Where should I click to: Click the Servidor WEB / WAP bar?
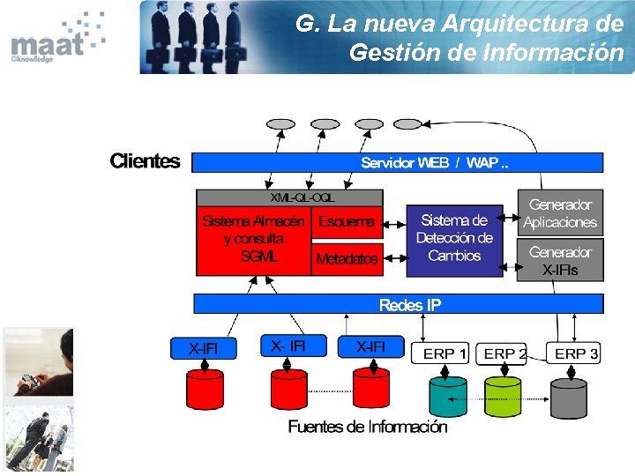pos(397,162)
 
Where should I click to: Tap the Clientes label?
pos(145,161)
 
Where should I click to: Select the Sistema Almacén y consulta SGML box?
pos(253,238)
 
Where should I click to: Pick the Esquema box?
pos(347,222)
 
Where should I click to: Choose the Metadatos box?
pos(347,259)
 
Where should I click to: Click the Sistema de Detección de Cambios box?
pos(453,238)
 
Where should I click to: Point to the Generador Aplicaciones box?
pos(559,213)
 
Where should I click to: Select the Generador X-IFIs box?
pos(559,261)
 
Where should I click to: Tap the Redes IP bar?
pos(397,304)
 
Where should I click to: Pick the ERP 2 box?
pos(504,353)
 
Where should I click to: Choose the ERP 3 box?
pos(574,353)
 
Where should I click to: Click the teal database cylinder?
pos(447,395)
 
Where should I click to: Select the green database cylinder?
pos(504,395)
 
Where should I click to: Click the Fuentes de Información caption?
pos(368,428)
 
